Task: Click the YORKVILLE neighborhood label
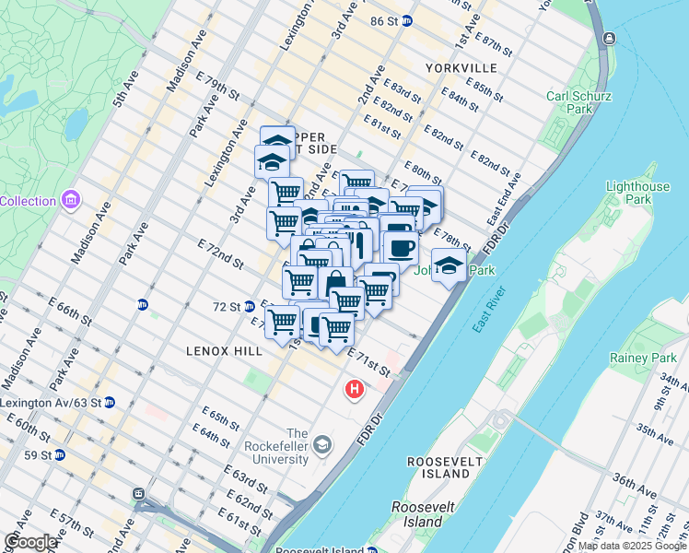pos(461,68)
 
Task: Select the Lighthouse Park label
pos(637,193)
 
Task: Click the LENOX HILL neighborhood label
pos(226,351)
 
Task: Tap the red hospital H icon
pos(354,390)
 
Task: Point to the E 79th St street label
pos(217,88)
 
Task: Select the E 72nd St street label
pos(219,252)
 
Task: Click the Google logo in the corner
pos(31,542)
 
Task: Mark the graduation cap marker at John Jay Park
pos(449,265)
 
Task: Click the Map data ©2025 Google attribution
pos(632,546)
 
